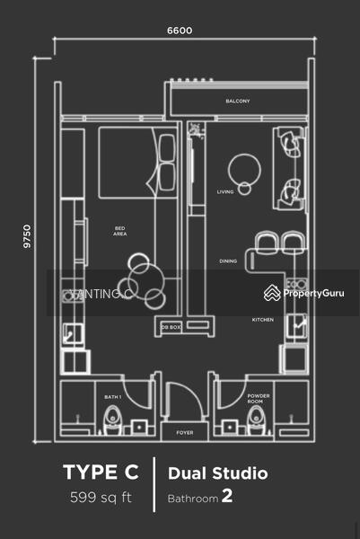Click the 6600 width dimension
(x=180, y=31)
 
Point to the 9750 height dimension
(x=27, y=236)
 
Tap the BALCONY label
(x=237, y=101)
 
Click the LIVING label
(x=225, y=191)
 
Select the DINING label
(x=228, y=261)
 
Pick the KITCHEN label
(x=263, y=320)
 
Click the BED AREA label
(x=120, y=231)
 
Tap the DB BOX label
(x=171, y=327)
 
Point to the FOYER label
(x=185, y=432)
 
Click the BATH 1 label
(x=113, y=397)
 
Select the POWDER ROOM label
(x=259, y=399)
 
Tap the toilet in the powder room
(x=256, y=420)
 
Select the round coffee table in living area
(x=244, y=170)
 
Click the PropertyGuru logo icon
(x=272, y=293)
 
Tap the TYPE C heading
(x=101, y=472)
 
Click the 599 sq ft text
(x=101, y=497)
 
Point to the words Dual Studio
(x=218, y=473)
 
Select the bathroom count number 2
(x=227, y=496)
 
